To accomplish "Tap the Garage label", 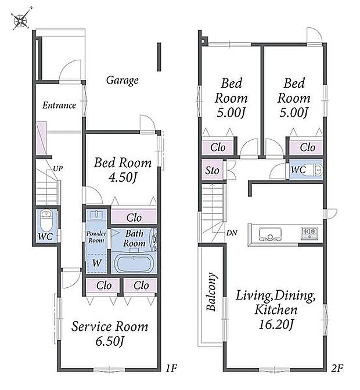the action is pos(122,80).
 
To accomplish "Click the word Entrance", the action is pos(59,105).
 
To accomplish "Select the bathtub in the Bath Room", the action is pos(134,263).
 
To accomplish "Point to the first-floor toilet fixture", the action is pos(46,221).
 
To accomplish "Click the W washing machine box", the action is pos(97,263).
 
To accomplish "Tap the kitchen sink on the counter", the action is pos(270,234).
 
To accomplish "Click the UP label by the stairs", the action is pos(57,169).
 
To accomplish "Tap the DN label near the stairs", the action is pos(232,233).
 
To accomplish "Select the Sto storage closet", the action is pos(212,170).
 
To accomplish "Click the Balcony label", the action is pos(211,292).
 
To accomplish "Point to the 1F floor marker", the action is pos(171,368).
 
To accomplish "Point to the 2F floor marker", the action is pos(337,368).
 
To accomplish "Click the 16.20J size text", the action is pos(276,324).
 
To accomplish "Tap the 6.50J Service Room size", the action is pos(110,341).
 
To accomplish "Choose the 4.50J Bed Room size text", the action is pos(123,178).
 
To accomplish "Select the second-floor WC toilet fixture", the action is pos(314,170).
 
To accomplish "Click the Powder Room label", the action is pos(96,237).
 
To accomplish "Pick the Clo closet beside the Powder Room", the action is pos(134,217).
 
